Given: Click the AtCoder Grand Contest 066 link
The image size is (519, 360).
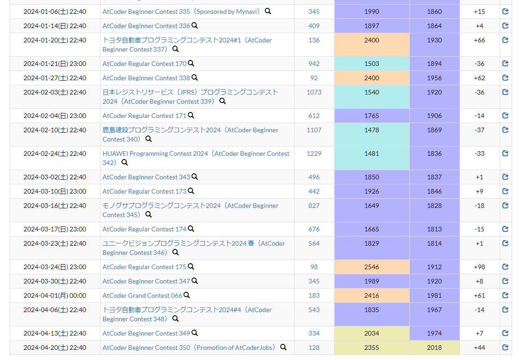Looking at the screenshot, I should (142, 295).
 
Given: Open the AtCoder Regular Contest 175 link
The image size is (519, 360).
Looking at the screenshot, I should (144, 267).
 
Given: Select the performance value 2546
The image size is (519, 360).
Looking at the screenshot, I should (372, 267).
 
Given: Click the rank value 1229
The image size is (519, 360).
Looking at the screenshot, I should (314, 153).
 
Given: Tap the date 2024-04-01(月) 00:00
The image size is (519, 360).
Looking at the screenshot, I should (55, 295).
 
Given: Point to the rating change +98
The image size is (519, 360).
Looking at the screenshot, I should (479, 267).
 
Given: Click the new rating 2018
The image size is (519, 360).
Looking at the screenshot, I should (434, 348).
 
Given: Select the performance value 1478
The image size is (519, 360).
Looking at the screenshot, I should (372, 130).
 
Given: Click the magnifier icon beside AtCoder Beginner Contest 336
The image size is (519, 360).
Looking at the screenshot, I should (195, 26).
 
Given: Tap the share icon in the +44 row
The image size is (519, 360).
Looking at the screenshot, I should (505, 348).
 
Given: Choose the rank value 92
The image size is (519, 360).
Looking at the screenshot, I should (314, 78).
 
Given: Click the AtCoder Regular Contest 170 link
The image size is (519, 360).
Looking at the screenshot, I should (144, 64).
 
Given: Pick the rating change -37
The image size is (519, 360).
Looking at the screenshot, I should (479, 130).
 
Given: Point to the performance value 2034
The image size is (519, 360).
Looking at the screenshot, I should (372, 333).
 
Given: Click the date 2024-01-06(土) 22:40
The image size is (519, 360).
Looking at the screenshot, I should (55, 12).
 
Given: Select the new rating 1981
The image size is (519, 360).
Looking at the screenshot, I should (434, 295).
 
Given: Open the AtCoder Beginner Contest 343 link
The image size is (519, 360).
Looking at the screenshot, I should (146, 177).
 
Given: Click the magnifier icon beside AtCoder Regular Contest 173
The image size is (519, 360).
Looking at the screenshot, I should (191, 191).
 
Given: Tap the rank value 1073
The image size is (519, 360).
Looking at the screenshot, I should (314, 92).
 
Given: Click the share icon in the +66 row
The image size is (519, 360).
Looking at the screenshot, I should (505, 40).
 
